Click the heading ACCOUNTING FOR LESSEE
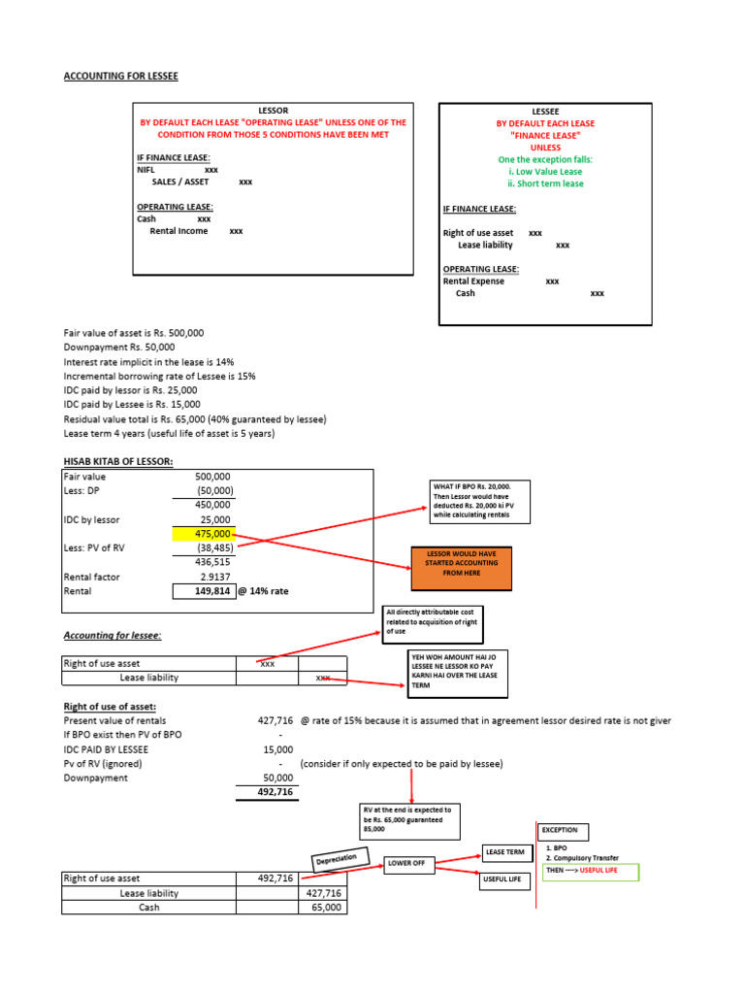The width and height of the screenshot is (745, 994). (120, 77)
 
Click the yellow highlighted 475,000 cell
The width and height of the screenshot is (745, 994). (204, 534)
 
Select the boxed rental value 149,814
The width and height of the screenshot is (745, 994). (204, 590)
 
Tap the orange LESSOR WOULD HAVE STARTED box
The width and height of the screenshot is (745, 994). (463, 562)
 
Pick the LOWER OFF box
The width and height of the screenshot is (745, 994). (406, 863)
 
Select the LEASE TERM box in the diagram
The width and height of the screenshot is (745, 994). (508, 852)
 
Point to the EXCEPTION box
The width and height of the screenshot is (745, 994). (564, 831)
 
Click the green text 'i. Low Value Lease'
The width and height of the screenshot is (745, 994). (544, 172)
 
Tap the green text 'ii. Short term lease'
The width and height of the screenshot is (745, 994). (545, 183)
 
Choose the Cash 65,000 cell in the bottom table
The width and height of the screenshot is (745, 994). (323, 908)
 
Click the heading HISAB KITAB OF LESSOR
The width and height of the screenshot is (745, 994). (118, 461)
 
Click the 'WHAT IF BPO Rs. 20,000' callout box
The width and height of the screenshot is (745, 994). (479, 501)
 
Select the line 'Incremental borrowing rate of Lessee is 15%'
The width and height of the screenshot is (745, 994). (159, 376)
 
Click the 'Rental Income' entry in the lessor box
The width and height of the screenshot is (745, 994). (178, 232)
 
